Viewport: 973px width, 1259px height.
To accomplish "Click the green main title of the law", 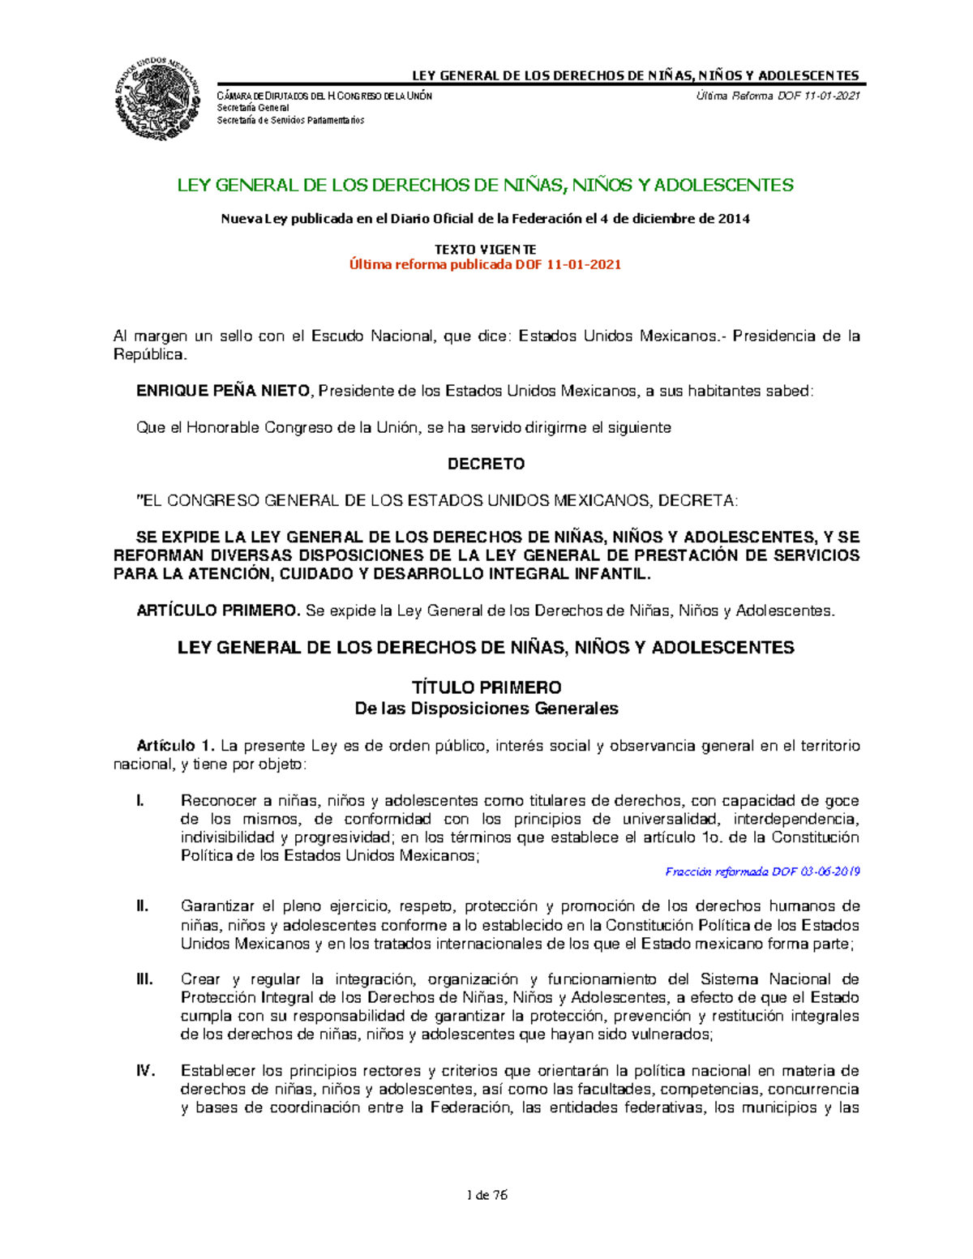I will tap(485, 185).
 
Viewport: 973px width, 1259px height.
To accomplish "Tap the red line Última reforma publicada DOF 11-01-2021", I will tap(485, 264).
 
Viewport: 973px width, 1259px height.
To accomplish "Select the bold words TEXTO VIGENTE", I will tap(485, 249).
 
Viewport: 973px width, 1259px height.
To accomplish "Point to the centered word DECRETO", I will tap(486, 464).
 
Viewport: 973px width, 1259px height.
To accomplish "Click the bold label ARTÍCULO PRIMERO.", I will tap(218, 610).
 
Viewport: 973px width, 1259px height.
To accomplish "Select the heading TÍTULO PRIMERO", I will tap(486, 687).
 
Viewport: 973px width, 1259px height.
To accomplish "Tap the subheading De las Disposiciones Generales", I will tap(486, 709).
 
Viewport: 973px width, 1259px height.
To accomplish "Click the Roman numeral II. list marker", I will tap(143, 906).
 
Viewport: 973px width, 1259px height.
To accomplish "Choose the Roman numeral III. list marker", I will tap(144, 979).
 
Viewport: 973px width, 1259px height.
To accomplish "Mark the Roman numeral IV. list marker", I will tap(145, 1071).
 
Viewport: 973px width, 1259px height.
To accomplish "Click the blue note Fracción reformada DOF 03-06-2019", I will tap(761, 872).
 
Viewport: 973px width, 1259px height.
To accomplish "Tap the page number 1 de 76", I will tap(486, 1195).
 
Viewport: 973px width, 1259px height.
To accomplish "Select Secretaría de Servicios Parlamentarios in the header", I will tap(290, 120).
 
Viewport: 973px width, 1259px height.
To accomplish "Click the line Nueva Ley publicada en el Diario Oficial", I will tap(485, 219).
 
